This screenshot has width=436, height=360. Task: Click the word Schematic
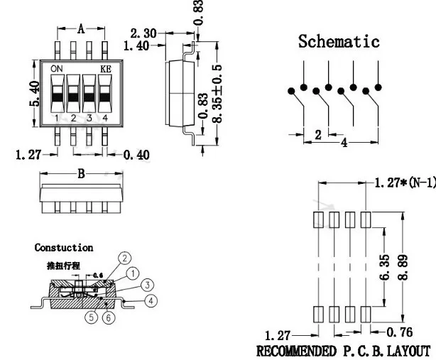point(339,41)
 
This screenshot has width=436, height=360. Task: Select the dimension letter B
point(81,173)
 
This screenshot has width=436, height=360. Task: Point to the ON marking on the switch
point(57,68)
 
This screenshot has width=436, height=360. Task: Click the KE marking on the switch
point(104,68)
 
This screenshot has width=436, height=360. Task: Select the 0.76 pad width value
point(403,332)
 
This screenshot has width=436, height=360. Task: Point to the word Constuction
point(64,248)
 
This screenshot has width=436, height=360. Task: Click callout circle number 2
point(124,258)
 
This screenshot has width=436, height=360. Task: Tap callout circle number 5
point(92,317)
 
